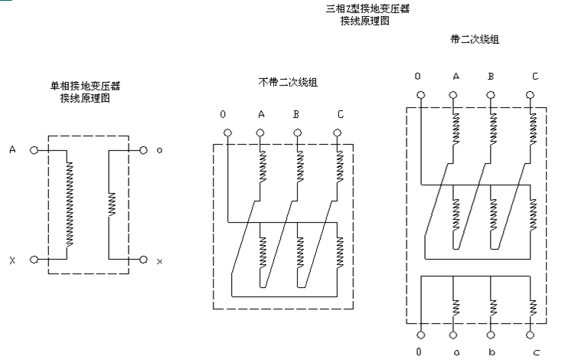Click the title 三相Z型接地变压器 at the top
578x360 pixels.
pyautogui.click(x=367, y=9)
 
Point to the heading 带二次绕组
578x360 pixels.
pyautogui.click(x=475, y=38)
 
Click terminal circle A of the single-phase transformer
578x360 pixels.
pyautogui.click(x=34, y=150)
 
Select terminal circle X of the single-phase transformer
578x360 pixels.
pyautogui.click(x=34, y=260)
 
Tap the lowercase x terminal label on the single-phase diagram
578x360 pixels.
pyautogui.click(x=159, y=261)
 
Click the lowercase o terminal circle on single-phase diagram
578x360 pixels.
pyautogui.click(x=143, y=150)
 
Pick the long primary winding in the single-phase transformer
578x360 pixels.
pyautogui.click(x=70, y=204)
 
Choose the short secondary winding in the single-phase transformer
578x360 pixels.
pyautogui.click(x=111, y=205)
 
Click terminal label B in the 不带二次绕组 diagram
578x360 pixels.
pyautogui.click(x=296, y=115)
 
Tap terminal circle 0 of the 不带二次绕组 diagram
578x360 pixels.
pyautogui.click(x=227, y=133)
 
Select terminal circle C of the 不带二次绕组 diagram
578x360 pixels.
pyautogui.click(x=338, y=133)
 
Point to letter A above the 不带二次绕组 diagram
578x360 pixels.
pyautogui.click(x=261, y=115)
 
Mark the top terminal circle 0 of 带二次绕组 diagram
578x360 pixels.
pyautogui.click(x=419, y=96)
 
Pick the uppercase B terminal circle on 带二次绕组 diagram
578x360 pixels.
pyautogui.click(x=491, y=96)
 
